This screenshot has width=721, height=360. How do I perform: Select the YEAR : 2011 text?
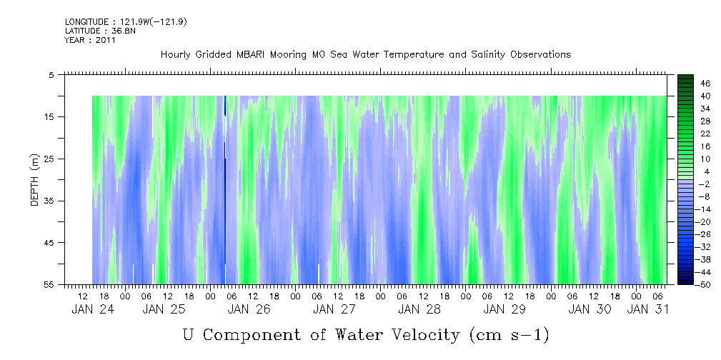tap(90, 40)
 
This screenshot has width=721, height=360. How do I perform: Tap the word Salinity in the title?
tap(461, 55)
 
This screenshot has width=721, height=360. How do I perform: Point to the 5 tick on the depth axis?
tap(51, 74)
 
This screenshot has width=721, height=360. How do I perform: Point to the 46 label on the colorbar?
tap(705, 84)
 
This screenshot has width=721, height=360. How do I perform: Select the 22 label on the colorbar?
tap(705, 136)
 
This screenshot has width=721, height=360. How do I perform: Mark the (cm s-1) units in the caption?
tap(509, 334)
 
